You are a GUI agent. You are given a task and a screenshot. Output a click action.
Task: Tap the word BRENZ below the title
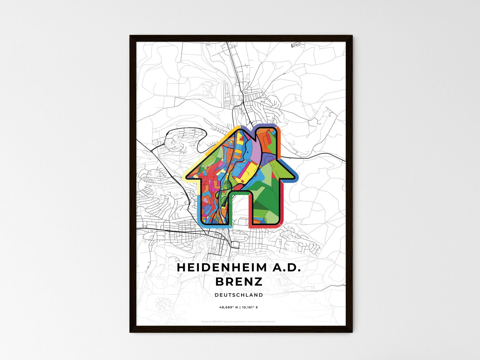239,282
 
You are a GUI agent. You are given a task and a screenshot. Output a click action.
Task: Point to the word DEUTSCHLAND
239,295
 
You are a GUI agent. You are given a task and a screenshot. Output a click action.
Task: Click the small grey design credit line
239,321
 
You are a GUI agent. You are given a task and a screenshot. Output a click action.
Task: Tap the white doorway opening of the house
240,209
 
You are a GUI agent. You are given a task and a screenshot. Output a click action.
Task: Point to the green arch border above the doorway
239,193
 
